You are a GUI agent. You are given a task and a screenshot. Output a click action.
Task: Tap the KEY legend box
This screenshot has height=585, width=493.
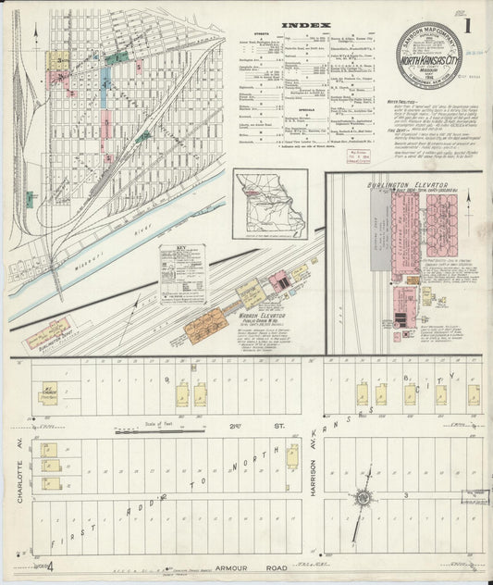coord(182,273)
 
